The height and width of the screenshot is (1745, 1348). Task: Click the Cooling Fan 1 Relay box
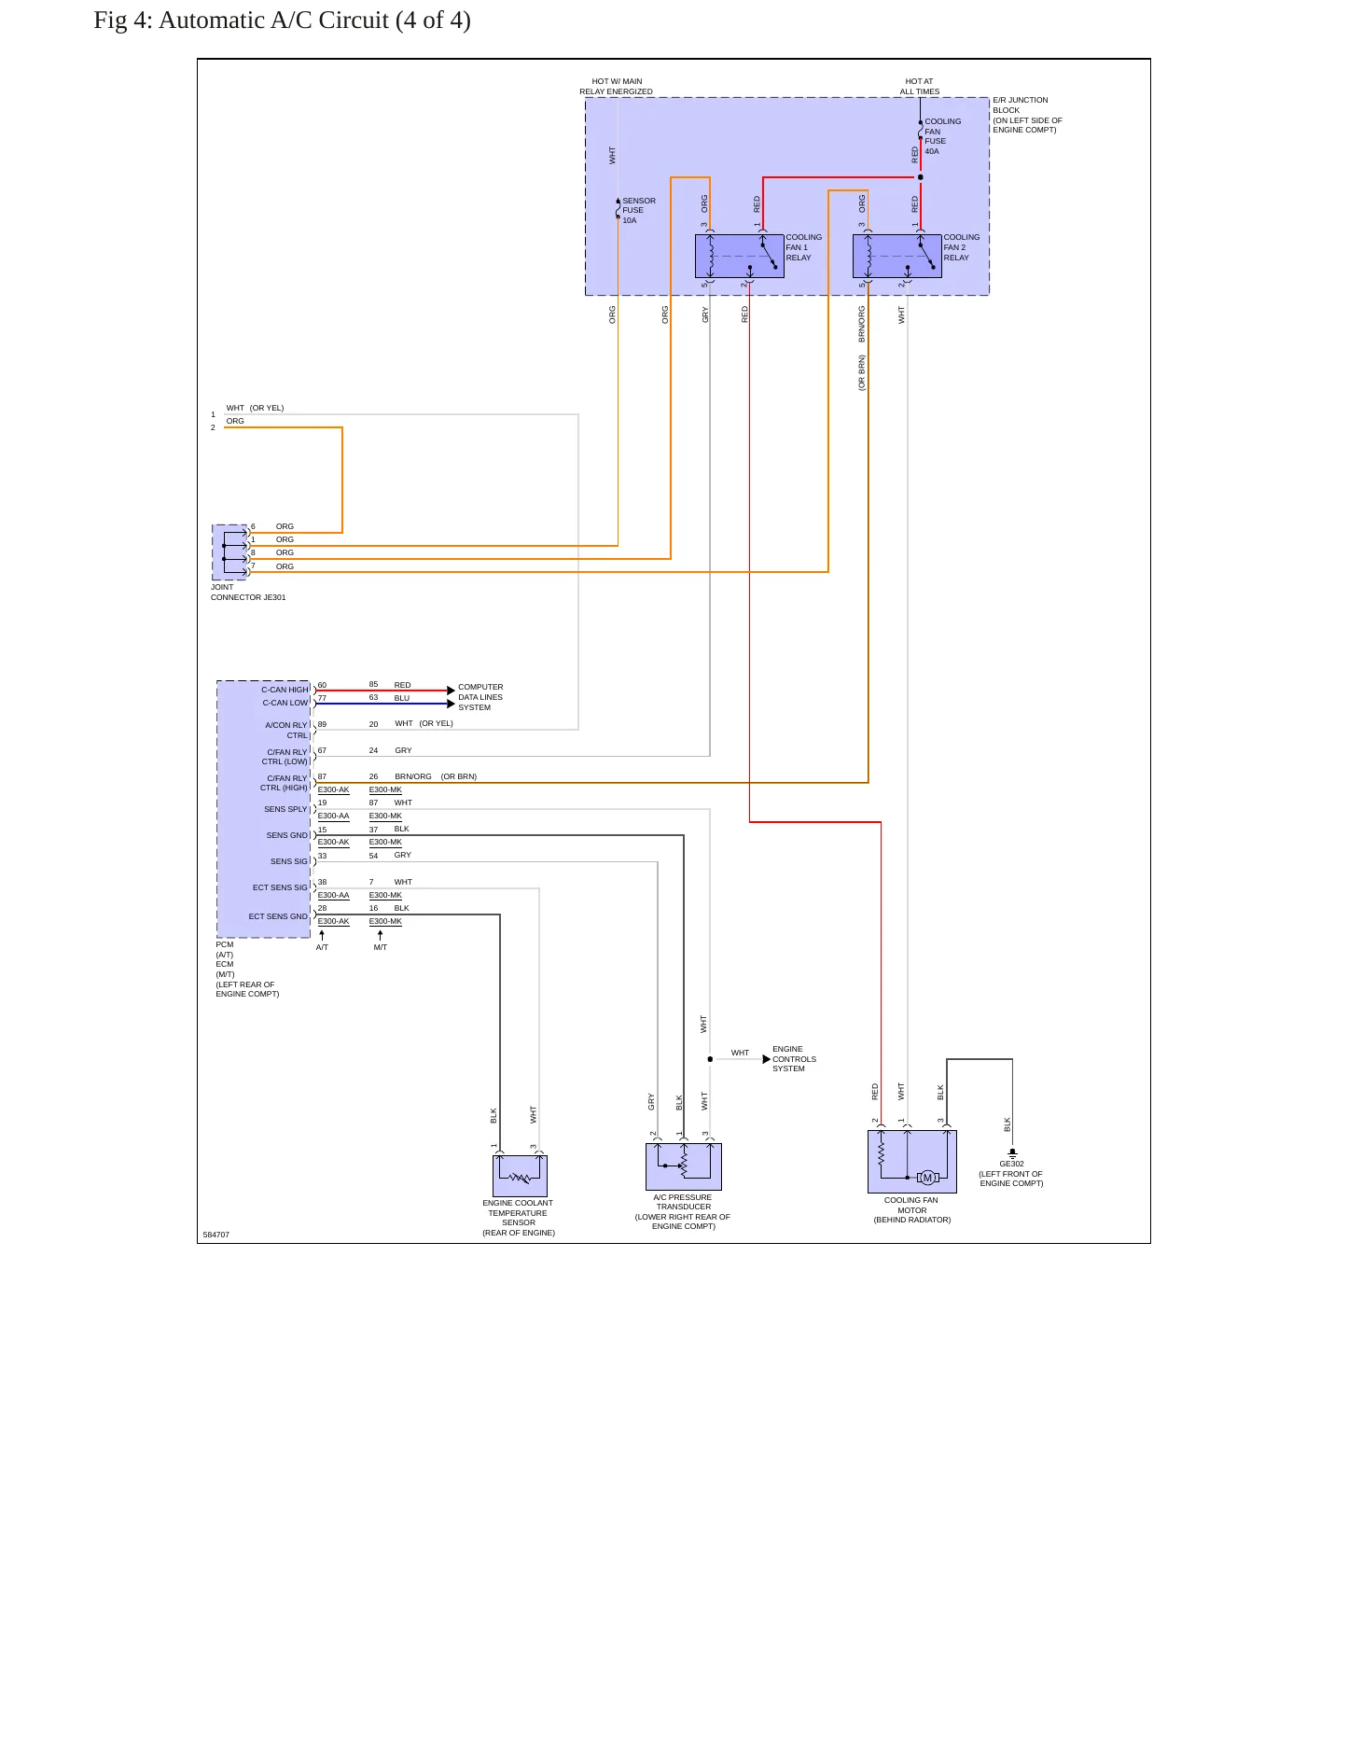[x=740, y=256]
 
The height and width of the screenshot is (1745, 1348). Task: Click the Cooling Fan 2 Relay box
[x=897, y=256]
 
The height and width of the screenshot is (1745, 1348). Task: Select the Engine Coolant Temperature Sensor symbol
[x=520, y=1176]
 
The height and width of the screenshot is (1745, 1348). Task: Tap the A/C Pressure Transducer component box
[x=684, y=1166]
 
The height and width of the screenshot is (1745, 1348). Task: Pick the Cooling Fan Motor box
[x=912, y=1162]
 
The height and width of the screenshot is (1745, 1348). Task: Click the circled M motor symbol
[x=927, y=1178]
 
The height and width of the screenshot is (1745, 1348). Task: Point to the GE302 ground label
[x=1011, y=1164]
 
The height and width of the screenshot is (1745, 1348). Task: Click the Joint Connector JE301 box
[x=230, y=552]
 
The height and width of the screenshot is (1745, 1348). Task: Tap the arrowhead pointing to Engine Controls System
[x=767, y=1059]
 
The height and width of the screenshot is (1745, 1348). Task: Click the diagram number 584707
[x=216, y=1235]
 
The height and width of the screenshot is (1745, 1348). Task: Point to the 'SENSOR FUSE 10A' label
[x=639, y=211]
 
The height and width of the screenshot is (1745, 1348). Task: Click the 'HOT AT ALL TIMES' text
[x=920, y=87]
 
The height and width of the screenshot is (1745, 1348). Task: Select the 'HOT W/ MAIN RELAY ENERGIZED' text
[x=617, y=87]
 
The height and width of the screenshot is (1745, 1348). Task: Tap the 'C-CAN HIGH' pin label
[x=285, y=690]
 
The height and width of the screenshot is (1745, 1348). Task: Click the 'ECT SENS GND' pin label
[x=278, y=916]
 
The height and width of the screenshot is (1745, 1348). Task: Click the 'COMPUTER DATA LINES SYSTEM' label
[x=480, y=697]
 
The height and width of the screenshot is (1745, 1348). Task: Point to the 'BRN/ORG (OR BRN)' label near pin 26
[x=436, y=776]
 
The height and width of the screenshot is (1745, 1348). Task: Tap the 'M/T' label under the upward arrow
[x=381, y=947]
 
